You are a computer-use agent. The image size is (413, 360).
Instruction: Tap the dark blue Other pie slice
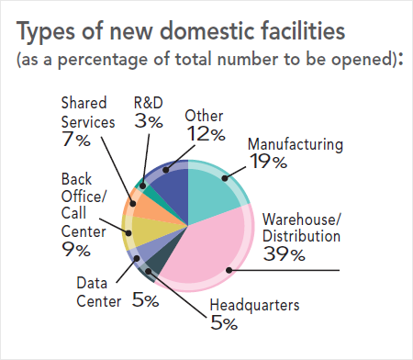170,189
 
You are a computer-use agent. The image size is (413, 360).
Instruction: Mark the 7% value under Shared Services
76,140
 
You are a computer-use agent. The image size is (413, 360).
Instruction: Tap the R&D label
150,102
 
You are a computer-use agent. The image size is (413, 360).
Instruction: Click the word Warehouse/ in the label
301,219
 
